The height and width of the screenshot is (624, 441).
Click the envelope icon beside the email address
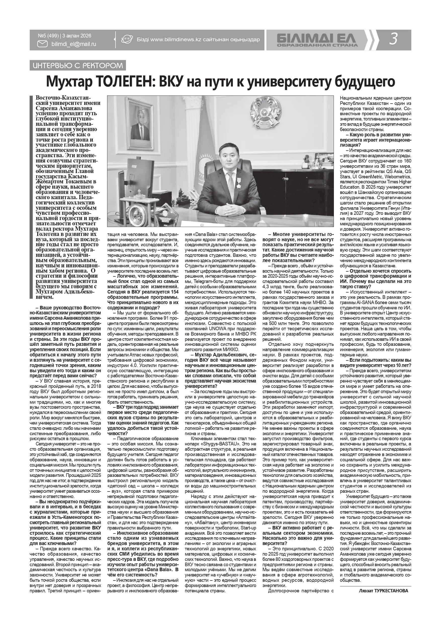pyautogui.click(x=42, y=44)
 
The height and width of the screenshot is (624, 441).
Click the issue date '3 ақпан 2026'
pyautogui.click(x=77, y=36)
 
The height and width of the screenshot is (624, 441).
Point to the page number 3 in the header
pyautogui.click(x=393, y=40)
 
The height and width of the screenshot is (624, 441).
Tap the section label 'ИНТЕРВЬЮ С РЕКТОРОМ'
pyautogui.click(x=77, y=65)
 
